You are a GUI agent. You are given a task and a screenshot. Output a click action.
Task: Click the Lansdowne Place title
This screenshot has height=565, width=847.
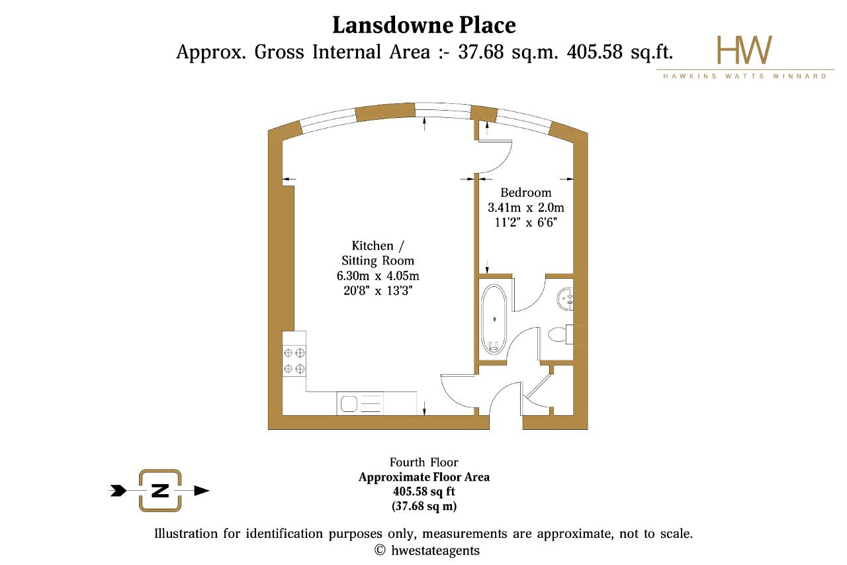click(x=424, y=26)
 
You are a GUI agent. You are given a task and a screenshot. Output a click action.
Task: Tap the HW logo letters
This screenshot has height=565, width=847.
click(x=744, y=50)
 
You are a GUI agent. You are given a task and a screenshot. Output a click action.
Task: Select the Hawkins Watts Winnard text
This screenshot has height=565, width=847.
click(x=745, y=76)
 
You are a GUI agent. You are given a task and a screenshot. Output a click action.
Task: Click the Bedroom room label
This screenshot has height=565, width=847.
click(x=525, y=192)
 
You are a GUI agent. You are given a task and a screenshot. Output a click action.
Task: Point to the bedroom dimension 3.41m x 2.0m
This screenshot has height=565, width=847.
click(x=525, y=207)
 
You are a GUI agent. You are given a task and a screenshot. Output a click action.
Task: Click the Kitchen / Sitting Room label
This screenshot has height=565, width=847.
click(x=378, y=253)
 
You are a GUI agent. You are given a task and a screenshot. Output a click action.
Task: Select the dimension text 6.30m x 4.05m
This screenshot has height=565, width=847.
click(x=378, y=276)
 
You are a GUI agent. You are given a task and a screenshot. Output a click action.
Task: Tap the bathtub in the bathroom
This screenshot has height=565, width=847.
click(x=494, y=320)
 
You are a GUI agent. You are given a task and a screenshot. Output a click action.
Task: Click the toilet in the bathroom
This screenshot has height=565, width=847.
click(x=560, y=334)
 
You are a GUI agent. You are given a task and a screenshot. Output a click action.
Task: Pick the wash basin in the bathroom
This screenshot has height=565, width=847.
click(x=565, y=299)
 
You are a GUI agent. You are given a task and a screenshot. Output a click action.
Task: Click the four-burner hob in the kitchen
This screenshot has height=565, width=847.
click(x=294, y=360)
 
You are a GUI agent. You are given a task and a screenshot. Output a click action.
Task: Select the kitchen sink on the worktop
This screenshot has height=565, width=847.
click(x=360, y=404)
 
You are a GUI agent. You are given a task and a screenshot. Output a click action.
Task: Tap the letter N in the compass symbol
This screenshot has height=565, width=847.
click(x=160, y=490)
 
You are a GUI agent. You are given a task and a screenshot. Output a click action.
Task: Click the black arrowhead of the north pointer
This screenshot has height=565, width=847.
click(x=202, y=491)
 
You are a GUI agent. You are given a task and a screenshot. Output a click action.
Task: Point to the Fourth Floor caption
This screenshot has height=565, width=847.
click(x=424, y=462)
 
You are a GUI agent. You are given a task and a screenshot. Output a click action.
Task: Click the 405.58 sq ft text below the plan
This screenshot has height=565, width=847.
click(x=424, y=491)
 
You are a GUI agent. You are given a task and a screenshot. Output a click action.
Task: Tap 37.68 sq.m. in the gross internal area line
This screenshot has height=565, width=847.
click(x=508, y=52)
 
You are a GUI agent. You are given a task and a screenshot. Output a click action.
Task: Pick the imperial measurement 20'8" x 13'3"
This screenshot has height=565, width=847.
click(x=378, y=291)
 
